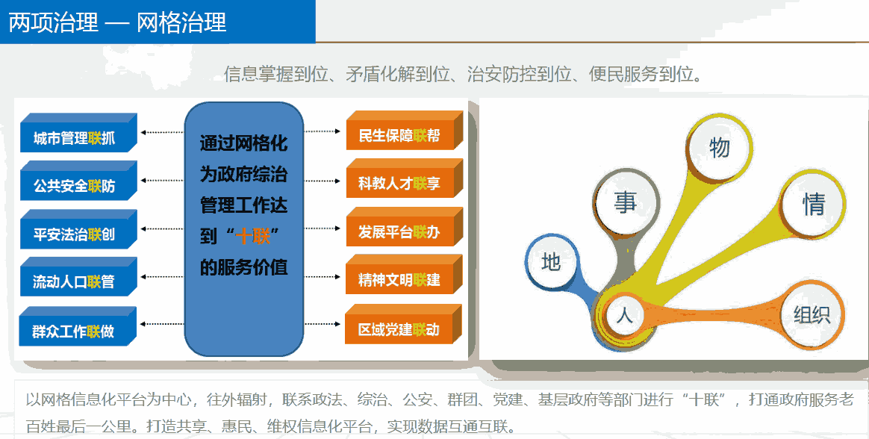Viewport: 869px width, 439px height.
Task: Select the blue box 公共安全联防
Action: point(75,186)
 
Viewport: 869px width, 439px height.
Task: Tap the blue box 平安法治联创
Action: point(75,234)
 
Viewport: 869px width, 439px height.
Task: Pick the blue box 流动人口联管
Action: point(75,281)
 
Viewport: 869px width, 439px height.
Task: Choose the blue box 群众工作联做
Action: point(74,331)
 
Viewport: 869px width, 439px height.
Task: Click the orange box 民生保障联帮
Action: point(399,137)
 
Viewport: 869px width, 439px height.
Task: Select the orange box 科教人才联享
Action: point(399,184)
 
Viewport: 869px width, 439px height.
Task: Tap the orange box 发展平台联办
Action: point(399,231)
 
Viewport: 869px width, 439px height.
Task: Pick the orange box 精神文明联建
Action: point(399,281)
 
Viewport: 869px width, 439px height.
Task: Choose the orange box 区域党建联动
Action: point(399,329)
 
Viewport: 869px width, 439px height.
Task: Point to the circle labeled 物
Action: point(720,147)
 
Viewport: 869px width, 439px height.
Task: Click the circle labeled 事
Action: point(626,202)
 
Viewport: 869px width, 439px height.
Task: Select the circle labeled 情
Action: point(814,204)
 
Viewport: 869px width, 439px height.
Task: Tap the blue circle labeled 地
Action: point(551,262)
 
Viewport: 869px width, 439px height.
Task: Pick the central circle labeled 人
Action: point(625,315)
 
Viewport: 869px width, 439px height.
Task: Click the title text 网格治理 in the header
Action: point(181,22)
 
